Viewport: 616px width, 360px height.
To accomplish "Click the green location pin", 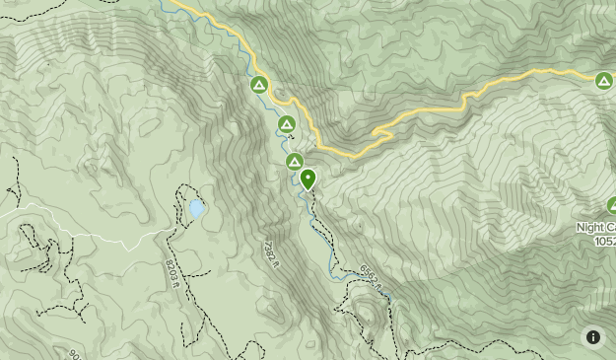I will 308,179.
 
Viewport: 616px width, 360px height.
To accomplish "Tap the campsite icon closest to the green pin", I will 294,162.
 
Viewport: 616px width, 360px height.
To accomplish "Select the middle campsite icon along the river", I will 286,124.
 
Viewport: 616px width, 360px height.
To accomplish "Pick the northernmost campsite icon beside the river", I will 258,85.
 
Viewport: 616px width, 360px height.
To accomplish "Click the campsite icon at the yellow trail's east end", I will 603,81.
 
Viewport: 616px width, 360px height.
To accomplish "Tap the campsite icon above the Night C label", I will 611,206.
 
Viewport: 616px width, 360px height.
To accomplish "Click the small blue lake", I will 197,208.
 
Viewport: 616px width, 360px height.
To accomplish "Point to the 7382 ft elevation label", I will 272,255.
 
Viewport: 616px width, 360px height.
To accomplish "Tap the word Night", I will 591,227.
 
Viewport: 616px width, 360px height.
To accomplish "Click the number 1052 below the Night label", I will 603,241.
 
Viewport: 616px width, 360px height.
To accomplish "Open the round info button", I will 593,336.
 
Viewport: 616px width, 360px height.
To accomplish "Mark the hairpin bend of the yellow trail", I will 376,132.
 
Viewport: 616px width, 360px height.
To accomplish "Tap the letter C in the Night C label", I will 609,227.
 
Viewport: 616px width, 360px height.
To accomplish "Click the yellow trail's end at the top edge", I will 174,3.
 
